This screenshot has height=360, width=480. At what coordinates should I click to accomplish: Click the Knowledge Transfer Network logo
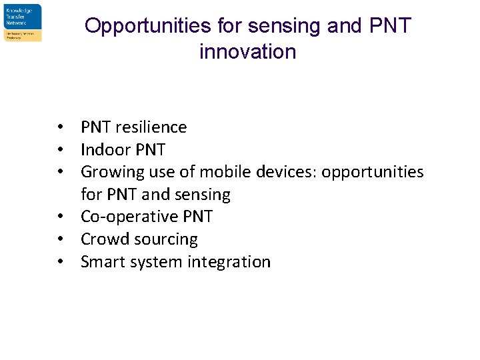click(23, 23)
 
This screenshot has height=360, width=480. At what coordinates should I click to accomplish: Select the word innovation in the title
click(247, 51)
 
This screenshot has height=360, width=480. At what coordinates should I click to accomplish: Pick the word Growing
click(109, 172)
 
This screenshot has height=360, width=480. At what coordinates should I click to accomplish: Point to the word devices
click(282, 172)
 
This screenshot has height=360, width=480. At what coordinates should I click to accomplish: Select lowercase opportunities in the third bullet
click(373, 172)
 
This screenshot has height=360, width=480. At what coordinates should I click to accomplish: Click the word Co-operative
click(129, 217)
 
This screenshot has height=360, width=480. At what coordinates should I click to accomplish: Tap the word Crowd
click(104, 239)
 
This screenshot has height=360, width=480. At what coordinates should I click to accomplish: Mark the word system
click(155, 262)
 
